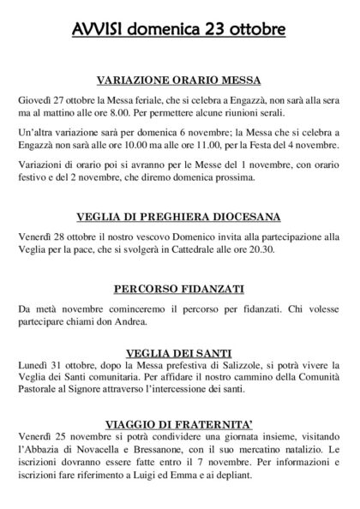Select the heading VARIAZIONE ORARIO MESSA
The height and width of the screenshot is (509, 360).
point(180,81)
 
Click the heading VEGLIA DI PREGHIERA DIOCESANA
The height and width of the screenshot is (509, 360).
point(180,216)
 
